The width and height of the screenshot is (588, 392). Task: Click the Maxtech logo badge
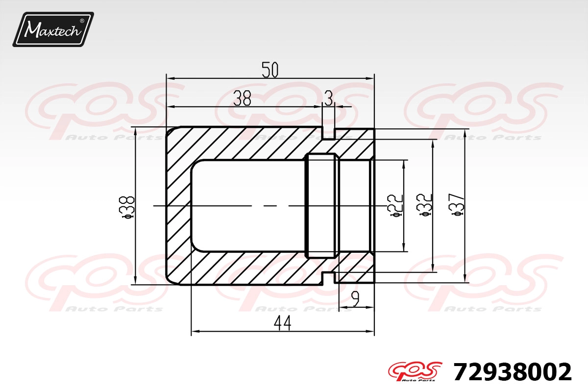click(53, 29)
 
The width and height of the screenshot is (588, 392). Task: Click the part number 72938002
click(512, 372)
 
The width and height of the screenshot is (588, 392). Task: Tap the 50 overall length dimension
click(270, 70)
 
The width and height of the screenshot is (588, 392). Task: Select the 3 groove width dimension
click(328, 98)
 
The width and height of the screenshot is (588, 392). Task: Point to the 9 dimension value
click(355, 299)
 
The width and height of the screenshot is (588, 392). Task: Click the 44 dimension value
click(282, 323)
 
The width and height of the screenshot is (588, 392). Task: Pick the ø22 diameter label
click(395, 206)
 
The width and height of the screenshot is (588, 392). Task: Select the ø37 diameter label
click(457, 205)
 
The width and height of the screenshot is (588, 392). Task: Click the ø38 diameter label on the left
click(127, 207)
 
